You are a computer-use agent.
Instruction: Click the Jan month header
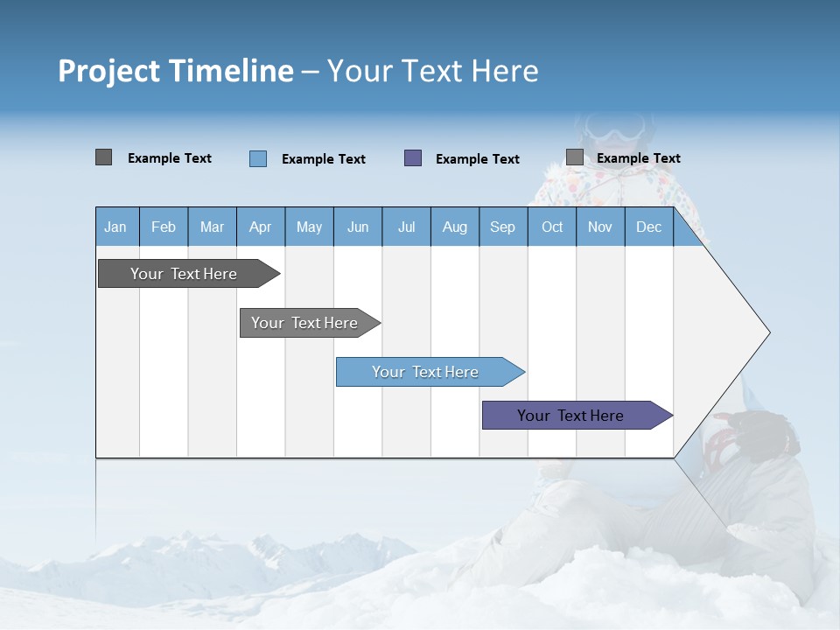116,227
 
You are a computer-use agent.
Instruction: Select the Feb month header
164,227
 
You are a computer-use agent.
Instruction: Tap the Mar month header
212,227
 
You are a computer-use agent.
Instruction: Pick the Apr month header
261,227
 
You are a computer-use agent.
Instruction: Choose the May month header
309,227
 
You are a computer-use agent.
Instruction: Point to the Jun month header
358,227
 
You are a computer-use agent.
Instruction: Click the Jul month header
406,227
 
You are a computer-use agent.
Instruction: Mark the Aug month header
455,227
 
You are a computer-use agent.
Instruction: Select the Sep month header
503,227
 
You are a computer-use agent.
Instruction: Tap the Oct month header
552,227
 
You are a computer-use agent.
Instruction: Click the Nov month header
600,227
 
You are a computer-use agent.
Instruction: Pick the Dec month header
649,227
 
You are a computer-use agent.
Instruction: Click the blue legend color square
258,158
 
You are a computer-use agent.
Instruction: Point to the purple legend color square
413,158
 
